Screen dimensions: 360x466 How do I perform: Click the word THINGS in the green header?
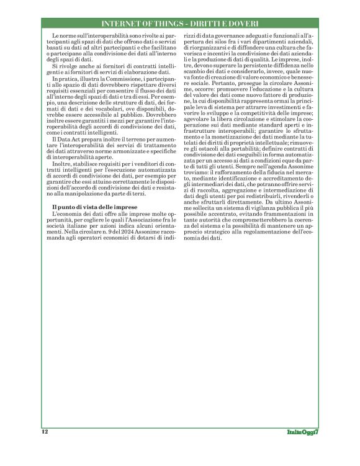coord(165,24)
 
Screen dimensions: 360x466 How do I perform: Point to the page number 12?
coord(45,431)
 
